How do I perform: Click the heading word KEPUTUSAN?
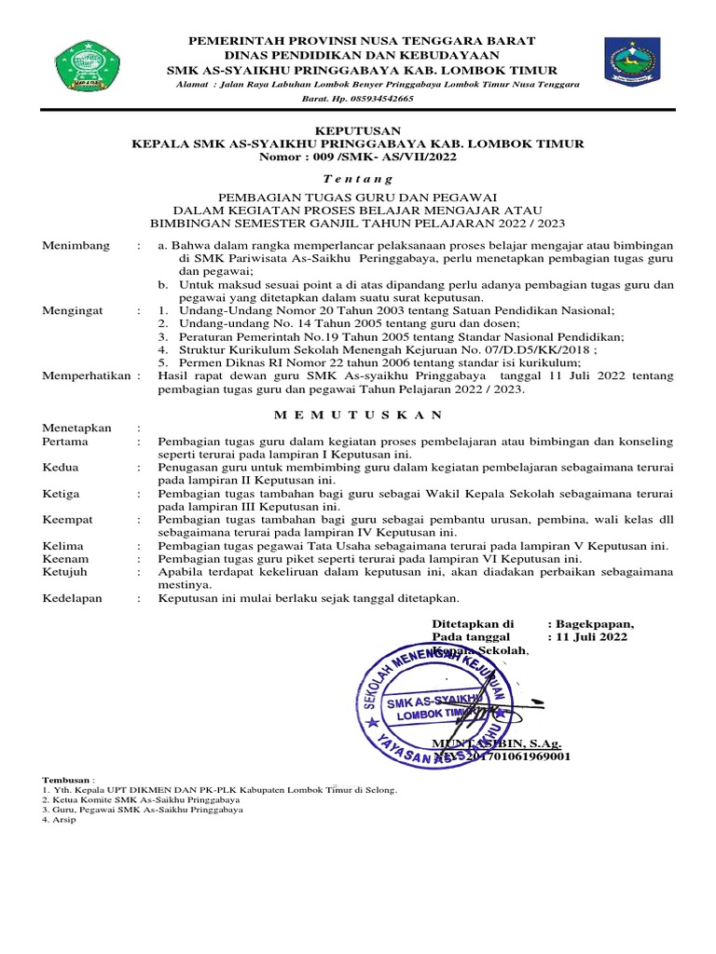point(357,130)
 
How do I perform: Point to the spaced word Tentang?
point(357,177)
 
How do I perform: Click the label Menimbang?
point(76,245)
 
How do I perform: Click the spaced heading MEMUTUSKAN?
point(358,413)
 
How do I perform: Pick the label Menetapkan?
point(77,428)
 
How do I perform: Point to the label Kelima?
point(63,545)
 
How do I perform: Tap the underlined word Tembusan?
point(66,779)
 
